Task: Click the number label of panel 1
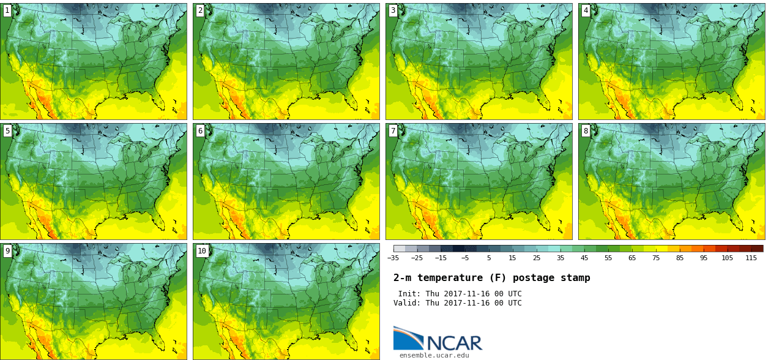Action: pos(7,10)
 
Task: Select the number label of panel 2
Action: pos(200,10)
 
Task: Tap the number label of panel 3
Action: pos(393,10)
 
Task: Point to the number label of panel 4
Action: pos(586,10)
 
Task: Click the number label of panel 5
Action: pos(7,130)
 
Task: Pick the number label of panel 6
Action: pos(200,130)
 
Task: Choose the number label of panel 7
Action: pos(393,130)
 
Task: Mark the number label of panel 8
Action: pos(586,130)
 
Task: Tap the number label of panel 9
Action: pos(7,250)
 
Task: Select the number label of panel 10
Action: pos(201,250)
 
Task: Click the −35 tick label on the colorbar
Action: pos(393,258)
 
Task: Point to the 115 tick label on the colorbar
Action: pos(751,258)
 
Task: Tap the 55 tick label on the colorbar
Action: pos(608,258)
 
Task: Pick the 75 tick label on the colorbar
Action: pos(655,258)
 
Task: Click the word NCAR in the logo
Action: pos(454,343)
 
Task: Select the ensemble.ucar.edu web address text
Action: pos(434,355)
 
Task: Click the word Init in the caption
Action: pos(409,294)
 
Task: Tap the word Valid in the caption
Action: pos(407,303)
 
